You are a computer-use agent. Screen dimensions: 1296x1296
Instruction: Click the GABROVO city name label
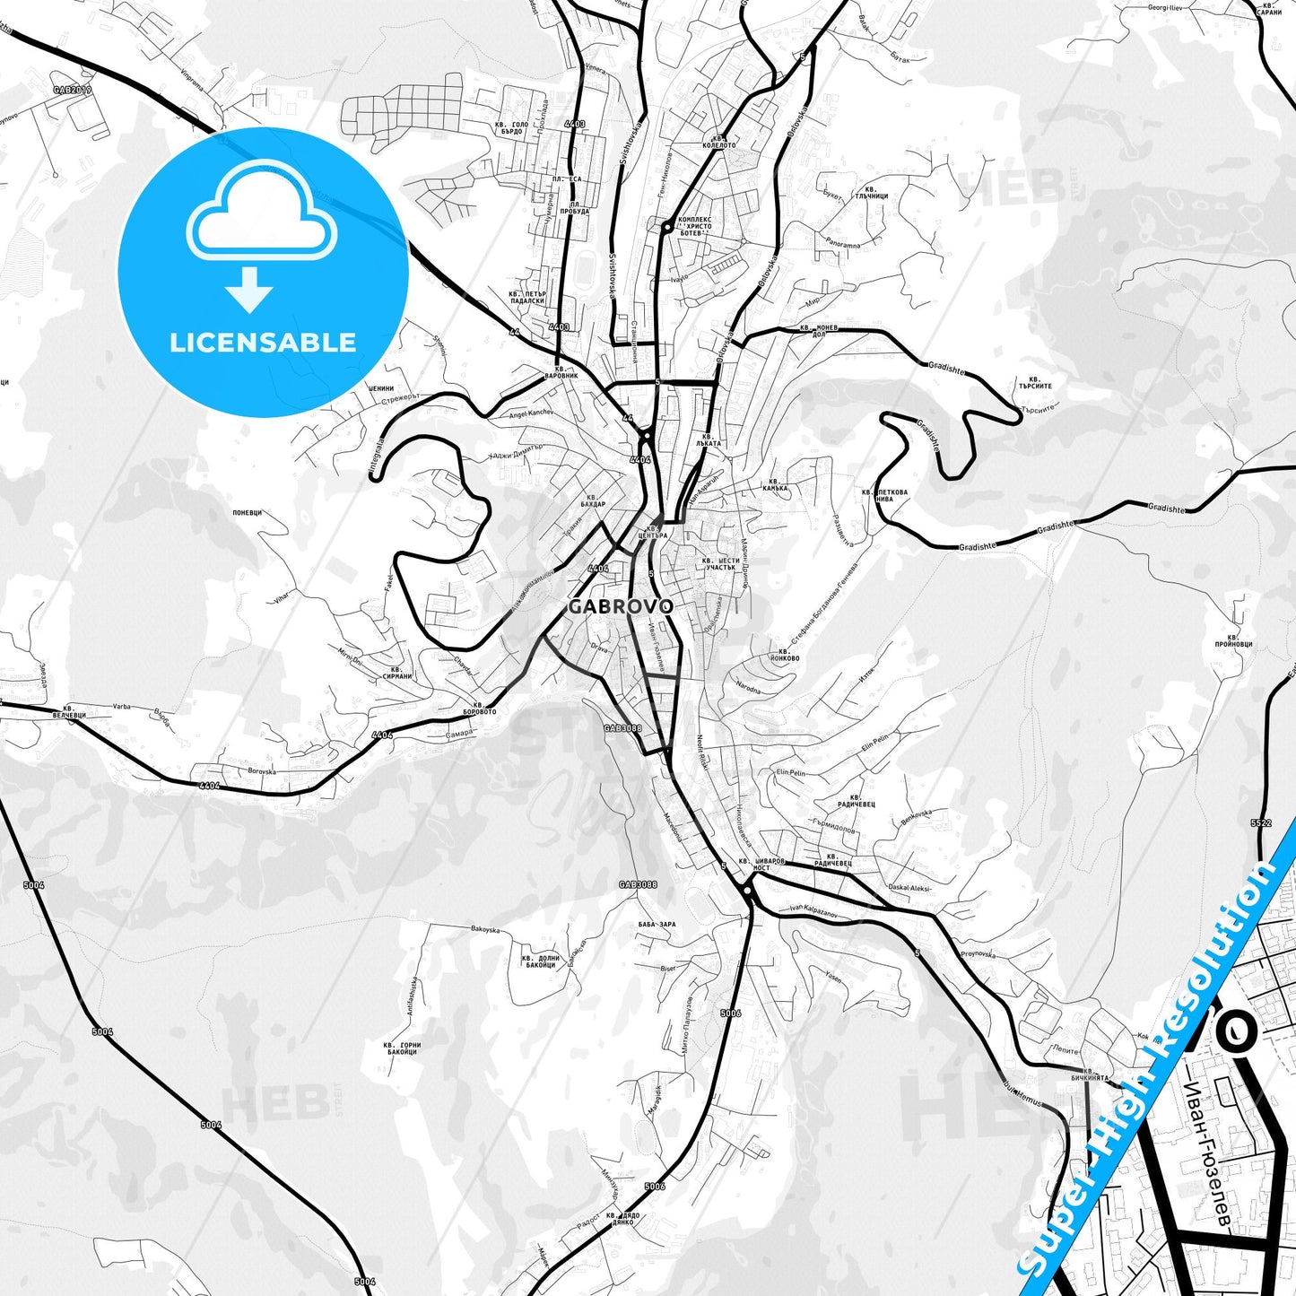620,606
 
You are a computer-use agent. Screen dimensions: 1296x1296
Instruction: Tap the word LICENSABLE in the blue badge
263,343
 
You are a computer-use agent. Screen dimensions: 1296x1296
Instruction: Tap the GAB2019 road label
72,91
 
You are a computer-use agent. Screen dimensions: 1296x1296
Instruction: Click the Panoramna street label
842,245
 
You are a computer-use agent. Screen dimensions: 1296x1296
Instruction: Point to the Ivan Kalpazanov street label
813,912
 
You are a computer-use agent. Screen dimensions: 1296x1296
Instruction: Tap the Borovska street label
262,770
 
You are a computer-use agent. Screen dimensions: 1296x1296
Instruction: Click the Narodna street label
748,688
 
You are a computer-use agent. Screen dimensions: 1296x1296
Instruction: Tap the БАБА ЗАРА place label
657,924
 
